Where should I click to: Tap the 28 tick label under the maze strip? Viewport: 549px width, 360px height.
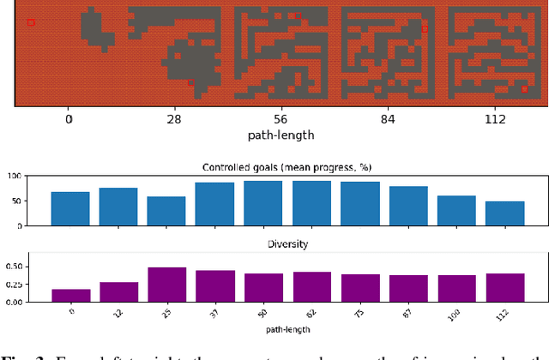(174, 119)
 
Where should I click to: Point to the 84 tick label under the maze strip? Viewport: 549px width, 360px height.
(388, 119)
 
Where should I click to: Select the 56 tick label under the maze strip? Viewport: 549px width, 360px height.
(281, 119)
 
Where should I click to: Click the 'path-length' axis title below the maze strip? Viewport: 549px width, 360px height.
(281, 135)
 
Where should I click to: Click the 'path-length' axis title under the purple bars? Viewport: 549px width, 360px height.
(287, 329)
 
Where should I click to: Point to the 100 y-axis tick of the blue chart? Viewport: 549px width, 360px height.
(14, 177)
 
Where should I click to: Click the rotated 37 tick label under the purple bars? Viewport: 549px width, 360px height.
(214, 312)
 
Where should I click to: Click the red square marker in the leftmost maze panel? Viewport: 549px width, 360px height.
(31, 22)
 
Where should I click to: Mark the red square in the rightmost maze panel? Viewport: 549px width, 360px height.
(524, 88)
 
